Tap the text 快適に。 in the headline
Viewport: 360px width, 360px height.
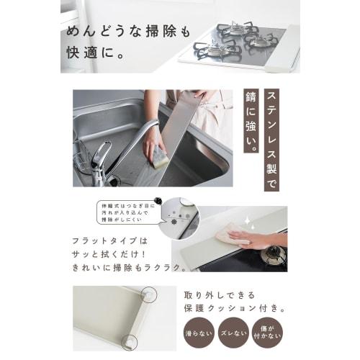click(x=93, y=53)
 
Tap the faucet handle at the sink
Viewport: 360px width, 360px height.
click(x=102, y=153)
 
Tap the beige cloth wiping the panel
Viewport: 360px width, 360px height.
click(x=235, y=233)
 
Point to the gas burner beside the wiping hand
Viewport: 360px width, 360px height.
click(x=273, y=256)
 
